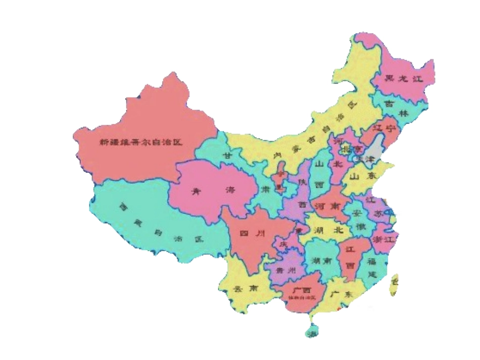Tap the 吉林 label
pyautogui.click(x=396, y=108)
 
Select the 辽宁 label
pyautogui.click(x=384, y=129)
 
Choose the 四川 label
pyautogui.click(x=252, y=233)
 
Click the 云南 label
pyautogui.click(x=244, y=289)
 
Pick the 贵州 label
pyautogui.click(x=286, y=271)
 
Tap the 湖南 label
pyautogui.click(x=322, y=261)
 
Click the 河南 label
pyautogui.click(x=327, y=206)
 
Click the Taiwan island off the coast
pyautogui.click(x=394, y=286)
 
